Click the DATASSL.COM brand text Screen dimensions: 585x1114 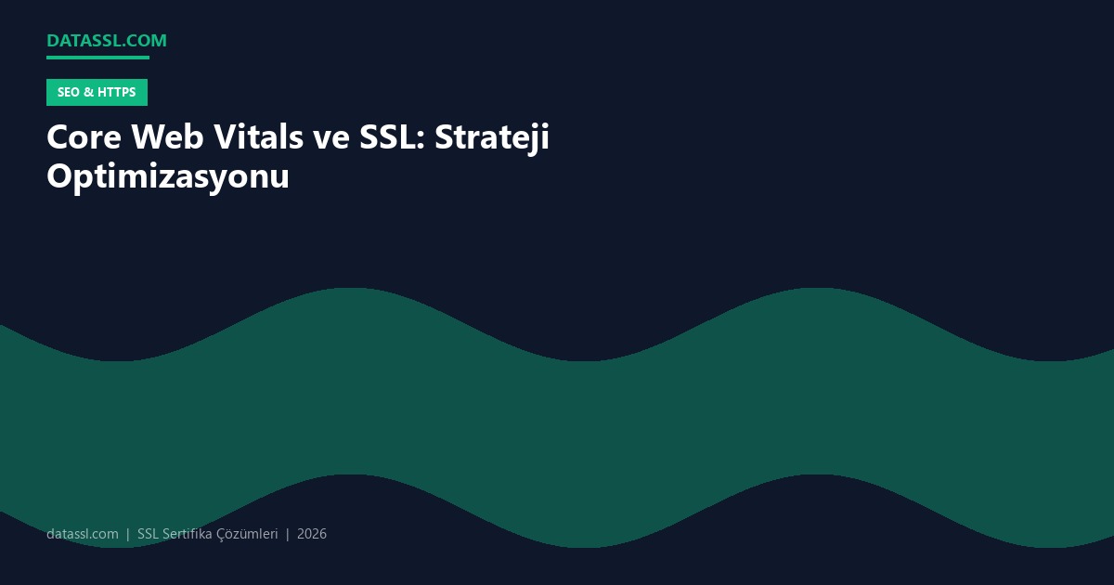pyautogui.click(x=107, y=41)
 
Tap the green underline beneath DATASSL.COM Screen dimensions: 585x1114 pyautogui.click(x=97, y=58)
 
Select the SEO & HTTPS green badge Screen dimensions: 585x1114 pyautogui.click(x=97, y=92)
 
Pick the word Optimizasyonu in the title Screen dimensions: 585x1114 pyautogui.click(x=168, y=176)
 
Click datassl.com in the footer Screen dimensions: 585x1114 pyautogui.click(x=83, y=534)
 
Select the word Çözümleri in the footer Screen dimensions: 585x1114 pyautogui.click(x=247, y=534)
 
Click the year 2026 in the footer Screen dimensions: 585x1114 pyautogui.click(x=312, y=534)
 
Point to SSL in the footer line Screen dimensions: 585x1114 pyautogui.click(x=148, y=534)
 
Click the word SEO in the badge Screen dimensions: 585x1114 pyautogui.click(x=68, y=92)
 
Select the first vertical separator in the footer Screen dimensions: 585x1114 pyautogui.click(x=128, y=534)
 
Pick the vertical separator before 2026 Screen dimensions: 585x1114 pyautogui.click(x=288, y=534)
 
